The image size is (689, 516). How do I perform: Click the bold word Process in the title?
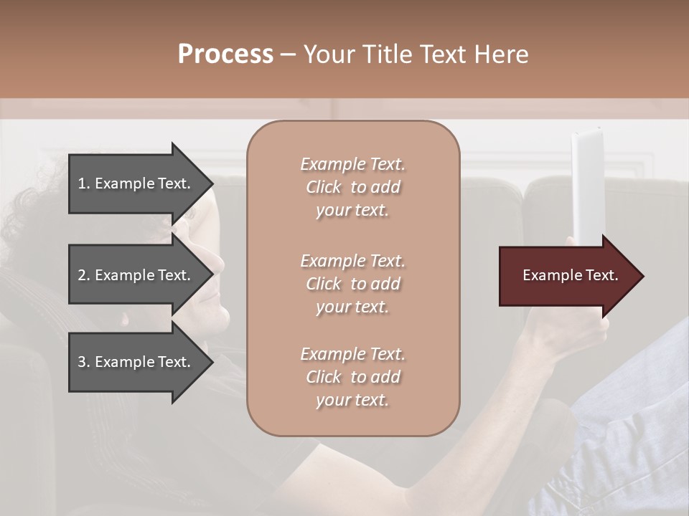point(225,54)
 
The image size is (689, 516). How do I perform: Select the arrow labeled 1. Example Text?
point(136,183)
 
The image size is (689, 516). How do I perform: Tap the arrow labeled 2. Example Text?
point(136,275)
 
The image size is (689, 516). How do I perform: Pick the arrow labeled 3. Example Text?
point(136,362)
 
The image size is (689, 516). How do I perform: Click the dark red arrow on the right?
point(560,276)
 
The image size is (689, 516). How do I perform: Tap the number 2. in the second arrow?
point(84,275)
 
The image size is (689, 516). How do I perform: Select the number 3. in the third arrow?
point(84,362)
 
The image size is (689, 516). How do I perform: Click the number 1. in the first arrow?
point(84,183)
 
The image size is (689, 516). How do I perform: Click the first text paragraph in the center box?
point(352,187)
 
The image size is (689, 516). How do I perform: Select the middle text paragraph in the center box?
point(352,284)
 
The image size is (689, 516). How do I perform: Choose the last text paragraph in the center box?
point(352,377)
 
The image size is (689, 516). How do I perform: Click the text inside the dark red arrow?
point(570,275)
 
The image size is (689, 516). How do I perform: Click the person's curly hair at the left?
point(29,208)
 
